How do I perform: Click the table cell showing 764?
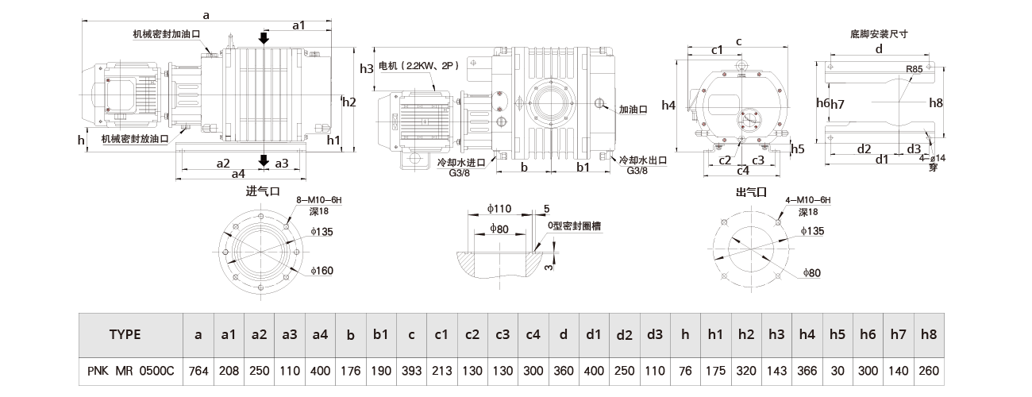[x=198, y=370]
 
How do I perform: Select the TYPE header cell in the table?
[x=125, y=334]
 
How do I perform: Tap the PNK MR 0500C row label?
[x=130, y=370]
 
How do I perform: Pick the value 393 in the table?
[x=410, y=370]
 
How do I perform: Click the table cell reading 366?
[x=807, y=370]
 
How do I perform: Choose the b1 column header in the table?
[x=380, y=334]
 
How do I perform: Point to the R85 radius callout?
[x=914, y=70]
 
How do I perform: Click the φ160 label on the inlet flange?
[x=322, y=272]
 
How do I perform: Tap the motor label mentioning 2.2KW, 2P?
[x=414, y=67]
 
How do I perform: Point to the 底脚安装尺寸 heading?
[x=878, y=33]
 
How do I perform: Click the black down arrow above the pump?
[x=264, y=37]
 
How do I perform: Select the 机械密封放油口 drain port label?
[x=135, y=138]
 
